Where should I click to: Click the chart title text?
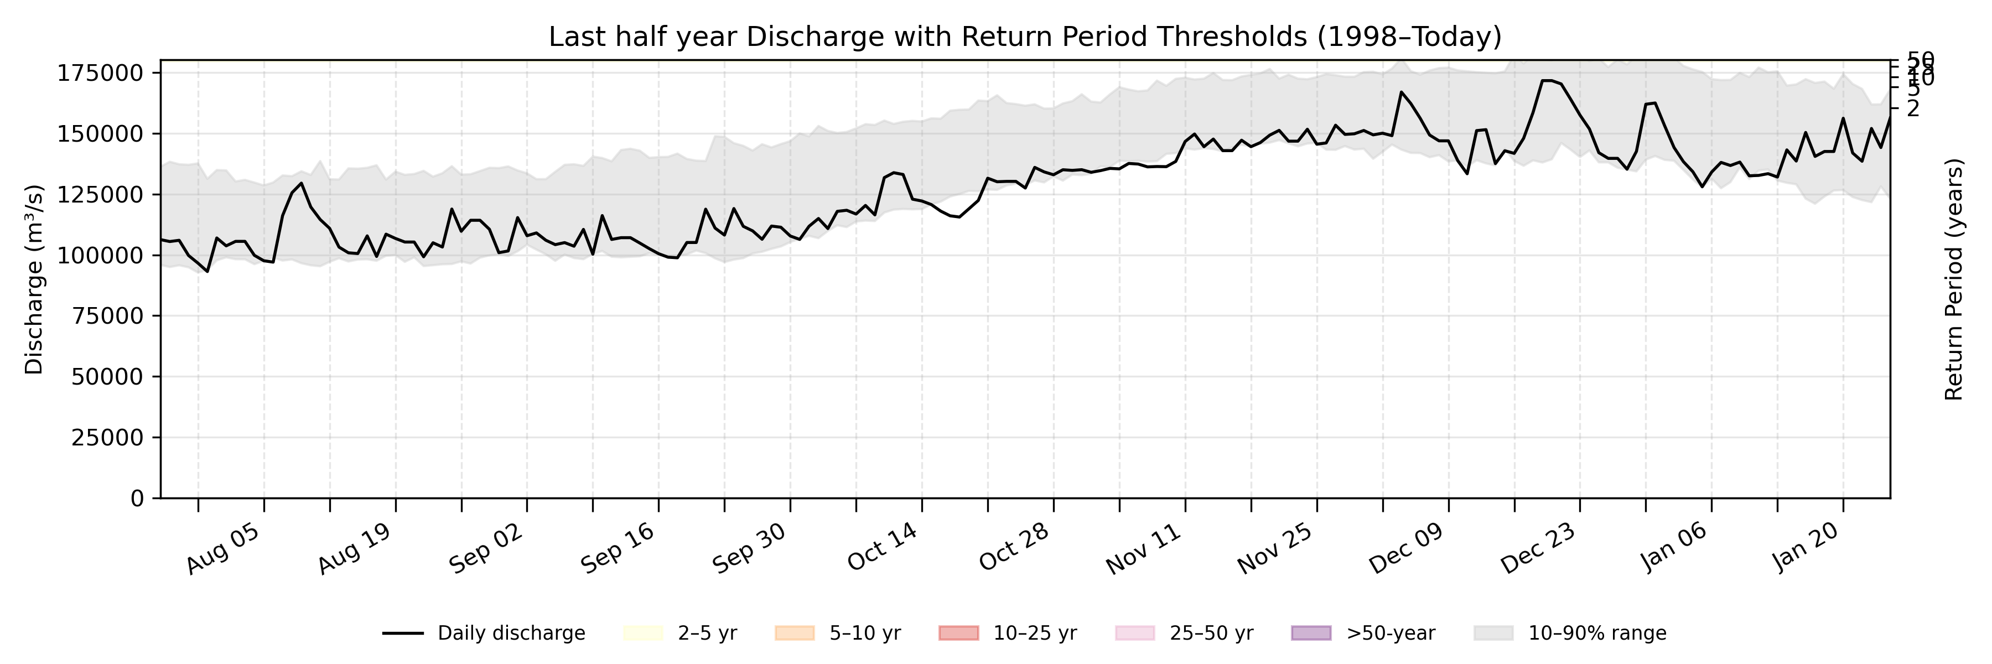click(x=1025, y=37)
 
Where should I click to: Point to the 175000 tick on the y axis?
click(x=101, y=74)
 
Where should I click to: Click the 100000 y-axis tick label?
click(x=101, y=255)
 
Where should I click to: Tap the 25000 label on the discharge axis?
click(x=107, y=438)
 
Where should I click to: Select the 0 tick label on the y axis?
click(x=137, y=499)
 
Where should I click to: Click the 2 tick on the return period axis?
click(x=1913, y=109)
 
